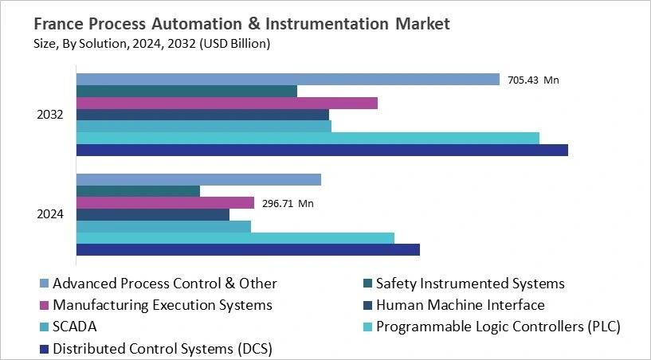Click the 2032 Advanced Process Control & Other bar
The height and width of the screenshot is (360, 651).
(x=288, y=80)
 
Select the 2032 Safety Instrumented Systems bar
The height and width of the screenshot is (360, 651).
(x=186, y=91)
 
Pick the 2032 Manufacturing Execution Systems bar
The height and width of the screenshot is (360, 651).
(x=226, y=103)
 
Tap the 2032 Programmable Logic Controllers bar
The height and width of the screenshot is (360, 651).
(x=308, y=138)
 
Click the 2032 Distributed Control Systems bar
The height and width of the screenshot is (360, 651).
(x=322, y=150)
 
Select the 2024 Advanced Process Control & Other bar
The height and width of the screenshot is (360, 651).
(x=198, y=179)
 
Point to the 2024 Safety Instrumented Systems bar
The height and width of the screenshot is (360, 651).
(x=138, y=191)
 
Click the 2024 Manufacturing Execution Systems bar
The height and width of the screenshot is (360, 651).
(x=165, y=203)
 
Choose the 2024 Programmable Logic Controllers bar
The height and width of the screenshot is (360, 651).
(x=235, y=238)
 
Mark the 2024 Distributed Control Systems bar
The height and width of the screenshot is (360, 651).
(x=248, y=250)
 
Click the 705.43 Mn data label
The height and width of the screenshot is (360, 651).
(x=533, y=80)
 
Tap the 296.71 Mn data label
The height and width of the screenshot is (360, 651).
(x=288, y=204)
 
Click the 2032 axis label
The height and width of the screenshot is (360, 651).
(x=50, y=115)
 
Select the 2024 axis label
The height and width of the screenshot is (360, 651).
(x=50, y=214)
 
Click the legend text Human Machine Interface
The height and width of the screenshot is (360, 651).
(x=460, y=305)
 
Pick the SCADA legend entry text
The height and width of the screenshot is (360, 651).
(x=75, y=327)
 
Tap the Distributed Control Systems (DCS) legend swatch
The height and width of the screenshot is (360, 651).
(x=45, y=349)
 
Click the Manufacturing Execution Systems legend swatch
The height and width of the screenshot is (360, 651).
(x=45, y=306)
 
